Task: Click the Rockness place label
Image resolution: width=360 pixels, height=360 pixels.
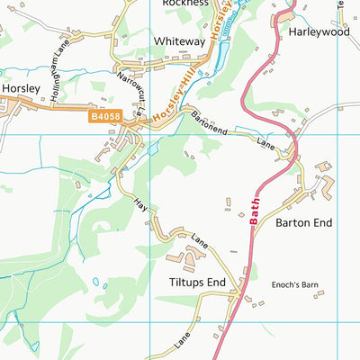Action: click(185, 4)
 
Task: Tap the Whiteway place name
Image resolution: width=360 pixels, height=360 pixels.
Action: click(180, 41)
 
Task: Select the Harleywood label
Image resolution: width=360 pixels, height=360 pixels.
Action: click(319, 31)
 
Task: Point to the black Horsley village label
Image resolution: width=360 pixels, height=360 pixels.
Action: click(19, 89)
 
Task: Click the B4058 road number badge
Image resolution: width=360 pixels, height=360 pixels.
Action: click(103, 116)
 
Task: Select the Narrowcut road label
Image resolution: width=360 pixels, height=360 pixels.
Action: click(130, 94)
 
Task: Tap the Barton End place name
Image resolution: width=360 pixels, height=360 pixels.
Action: click(304, 221)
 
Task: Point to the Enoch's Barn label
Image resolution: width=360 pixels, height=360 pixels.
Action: click(295, 285)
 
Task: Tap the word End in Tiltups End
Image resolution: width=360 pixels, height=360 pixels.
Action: click(213, 282)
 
